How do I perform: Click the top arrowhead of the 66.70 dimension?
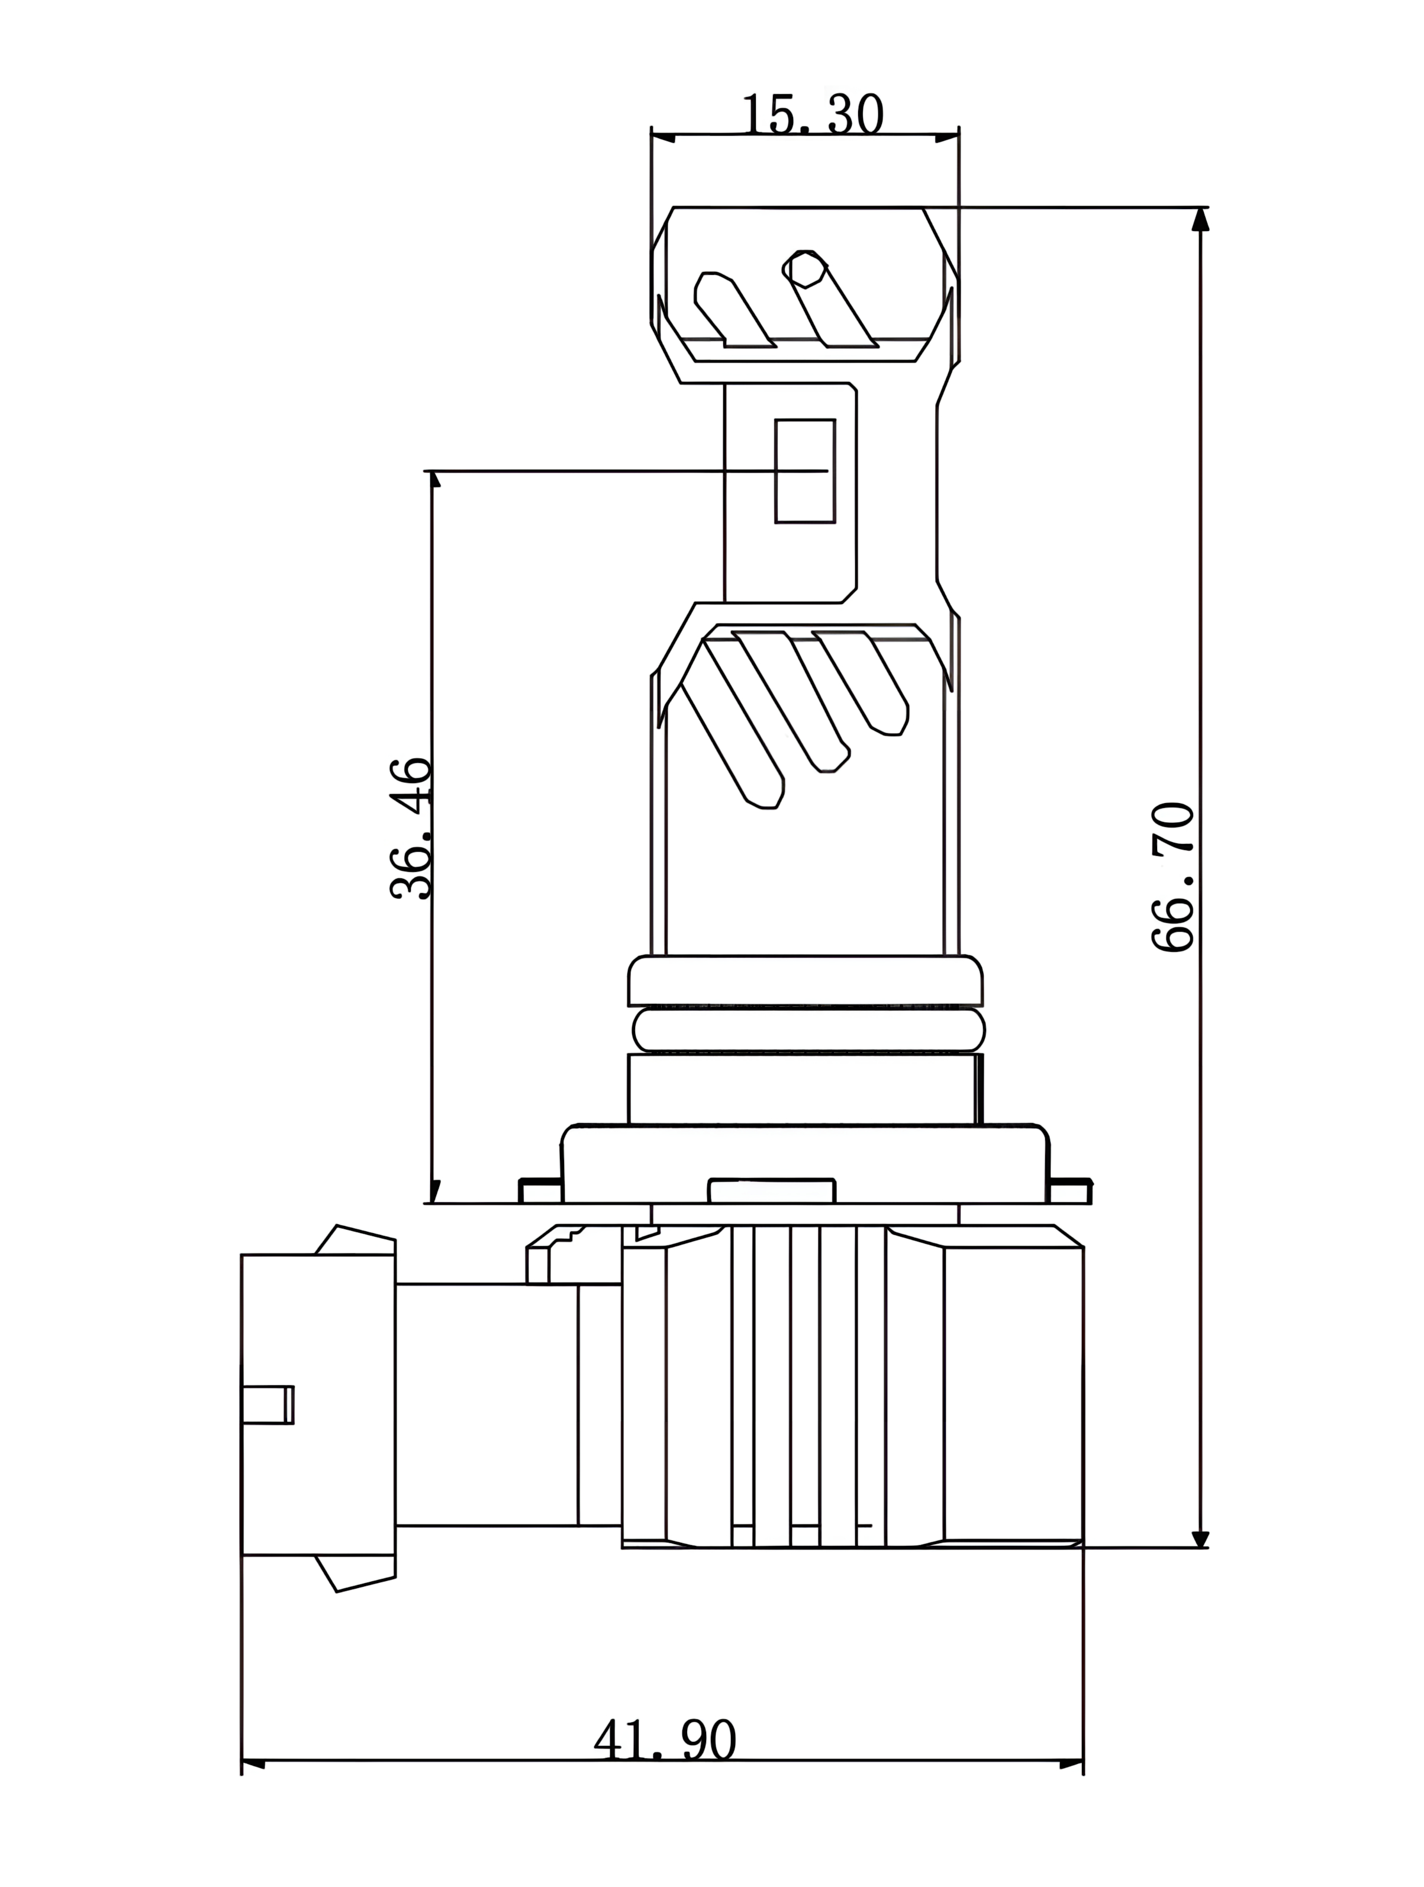(1201, 219)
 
